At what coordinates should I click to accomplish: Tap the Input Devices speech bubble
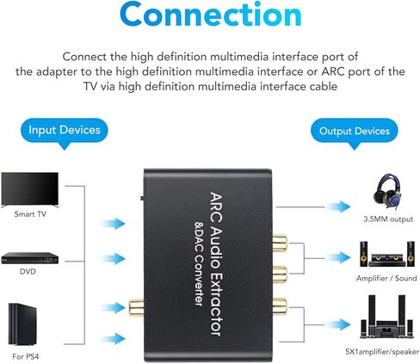pyautogui.click(x=65, y=131)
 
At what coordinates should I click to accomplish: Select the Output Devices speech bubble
pyautogui.click(x=354, y=131)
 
